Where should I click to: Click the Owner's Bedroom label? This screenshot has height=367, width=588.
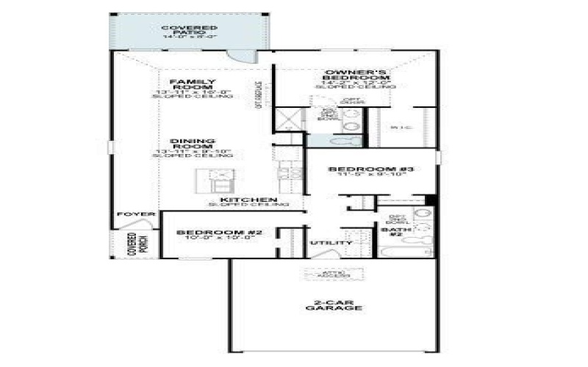click(x=356, y=75)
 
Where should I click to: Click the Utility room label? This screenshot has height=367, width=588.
click(x=326, y=242)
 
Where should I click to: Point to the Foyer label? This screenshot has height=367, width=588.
click(x=136, y=214)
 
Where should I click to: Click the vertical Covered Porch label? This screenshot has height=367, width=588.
click(x=132, y=244)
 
